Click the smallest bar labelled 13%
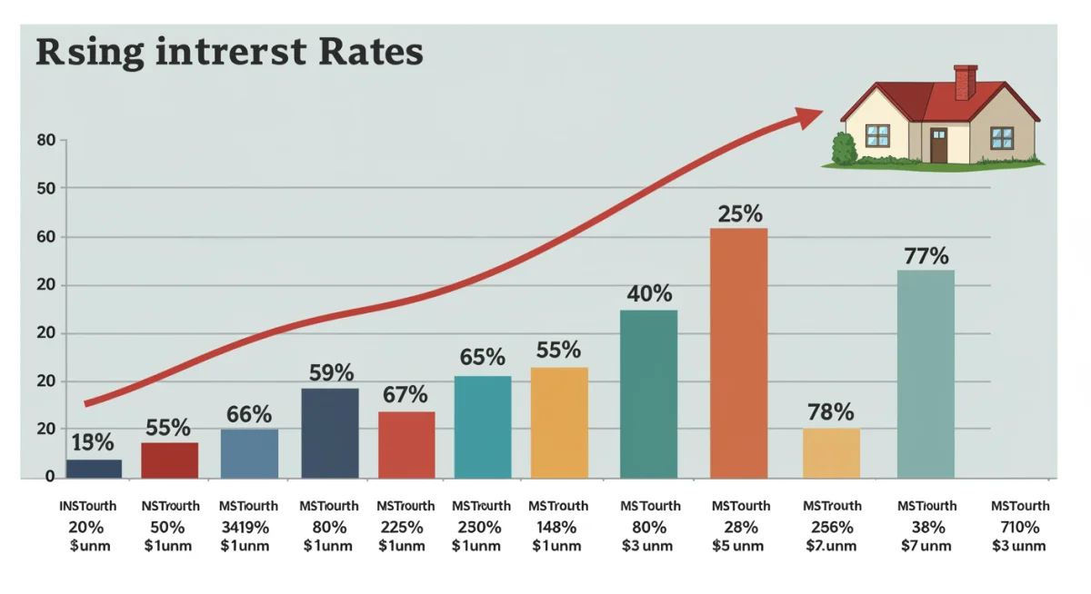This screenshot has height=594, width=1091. [94, 469]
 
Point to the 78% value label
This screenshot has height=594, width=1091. [831, 412]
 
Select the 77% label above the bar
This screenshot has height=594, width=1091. [926, 256]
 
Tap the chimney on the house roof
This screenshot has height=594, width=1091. [965, 81]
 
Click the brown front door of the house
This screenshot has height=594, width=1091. [938, 145]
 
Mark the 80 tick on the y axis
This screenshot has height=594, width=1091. [45, 141]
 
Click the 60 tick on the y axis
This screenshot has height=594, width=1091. [45, 237]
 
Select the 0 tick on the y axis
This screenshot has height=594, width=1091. [50, 477]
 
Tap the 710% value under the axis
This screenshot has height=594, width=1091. [1019, 527]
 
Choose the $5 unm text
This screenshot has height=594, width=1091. [741, 546]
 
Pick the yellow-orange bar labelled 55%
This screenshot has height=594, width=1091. [559, 422]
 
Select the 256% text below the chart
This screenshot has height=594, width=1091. [831, 527]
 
